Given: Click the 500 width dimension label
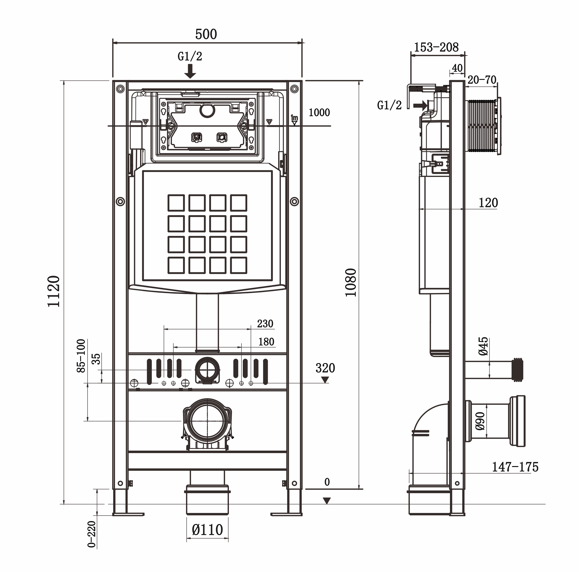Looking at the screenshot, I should point(206,34).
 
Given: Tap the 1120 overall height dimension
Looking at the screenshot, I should point(54,291).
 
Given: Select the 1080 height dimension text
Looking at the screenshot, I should point(351,283).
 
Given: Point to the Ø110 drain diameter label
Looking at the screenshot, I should point(207,530).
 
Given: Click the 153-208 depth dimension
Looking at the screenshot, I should point(436,47).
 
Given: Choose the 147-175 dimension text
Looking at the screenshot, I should point(515,467).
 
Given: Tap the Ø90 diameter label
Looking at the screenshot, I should point(480,421).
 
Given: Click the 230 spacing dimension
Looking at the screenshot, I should point(265,324).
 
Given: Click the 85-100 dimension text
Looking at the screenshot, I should point(81,356).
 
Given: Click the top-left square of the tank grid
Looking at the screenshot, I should point(176,203).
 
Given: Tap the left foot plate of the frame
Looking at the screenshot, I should point(128,514).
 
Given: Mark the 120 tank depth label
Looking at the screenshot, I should point(488,203).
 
